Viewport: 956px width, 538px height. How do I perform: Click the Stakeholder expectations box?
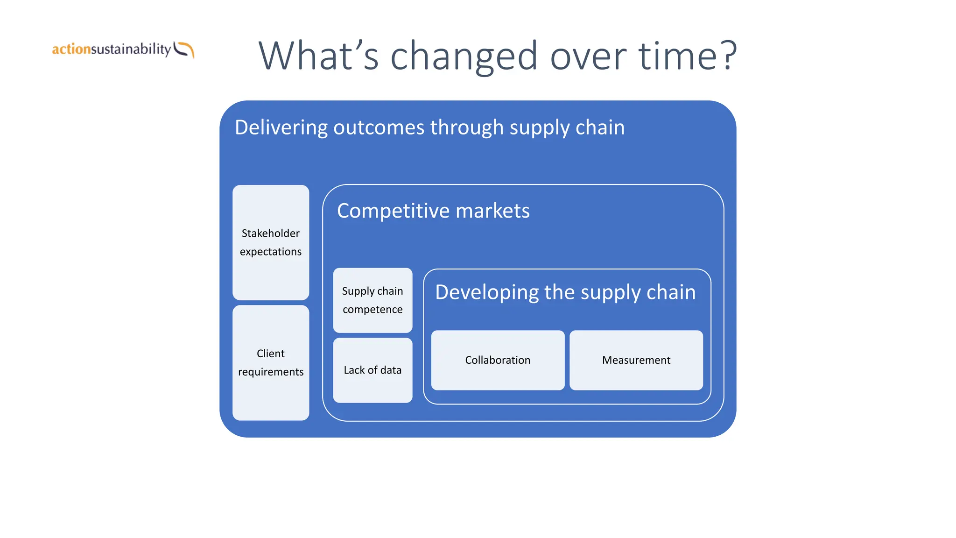pos(271,242)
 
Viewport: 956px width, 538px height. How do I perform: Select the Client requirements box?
pos(271,363)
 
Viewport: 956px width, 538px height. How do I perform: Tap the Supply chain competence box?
pos(373,300)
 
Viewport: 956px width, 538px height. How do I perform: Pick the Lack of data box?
pos(373,370)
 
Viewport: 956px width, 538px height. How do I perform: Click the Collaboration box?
pos(498,360)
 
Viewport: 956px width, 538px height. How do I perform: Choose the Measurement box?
pos(636,360)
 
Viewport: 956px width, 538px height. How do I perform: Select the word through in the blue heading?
pos(467,127)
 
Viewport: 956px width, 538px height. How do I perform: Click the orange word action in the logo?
pos(71,49)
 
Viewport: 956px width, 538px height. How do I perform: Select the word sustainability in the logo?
pos(131,49)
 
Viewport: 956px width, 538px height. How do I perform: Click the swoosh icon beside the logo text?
pos(184,50)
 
